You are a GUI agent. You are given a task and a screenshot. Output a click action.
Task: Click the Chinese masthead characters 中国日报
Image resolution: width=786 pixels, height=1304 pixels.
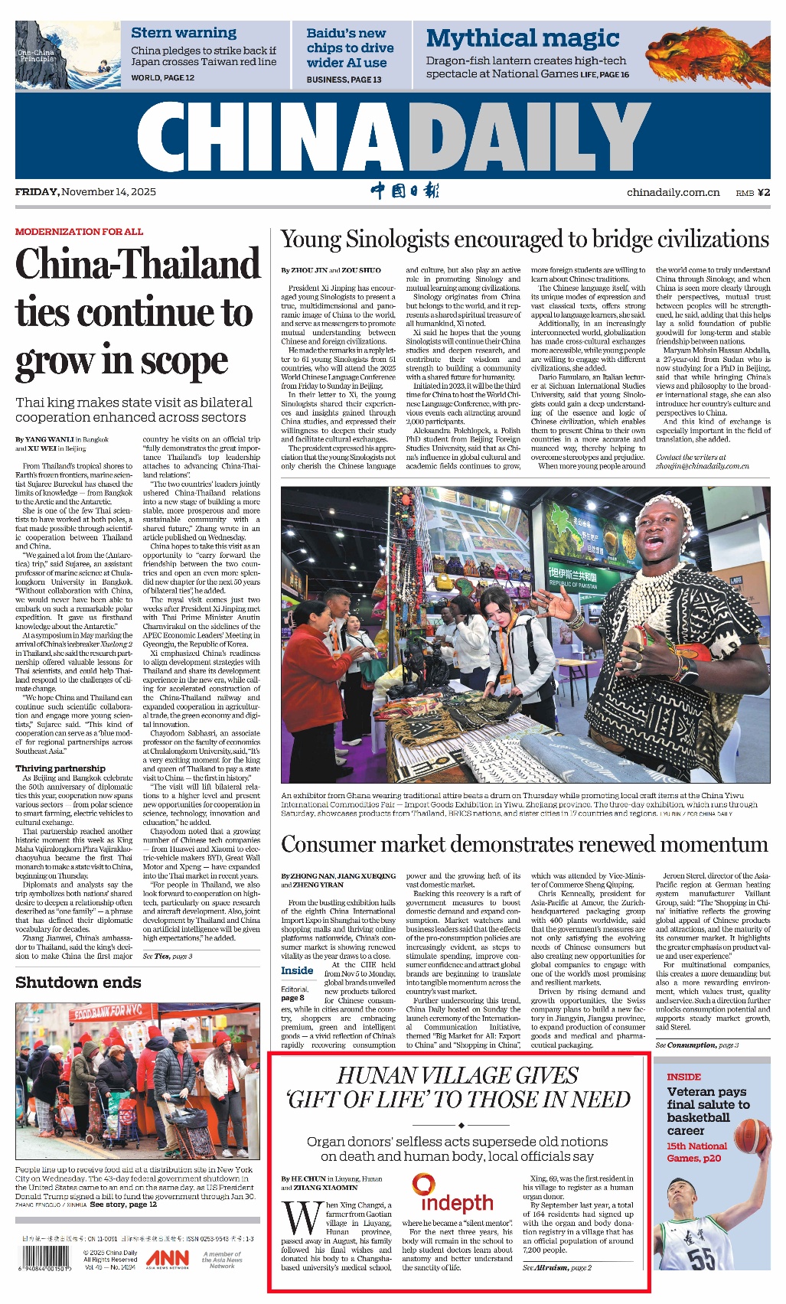click(x=405, y=191)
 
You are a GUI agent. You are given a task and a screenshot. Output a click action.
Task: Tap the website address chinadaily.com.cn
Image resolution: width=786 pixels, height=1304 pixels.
click(x=673, y=192)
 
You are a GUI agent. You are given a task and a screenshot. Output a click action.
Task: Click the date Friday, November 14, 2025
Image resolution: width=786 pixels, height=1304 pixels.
click(x=86, y=191)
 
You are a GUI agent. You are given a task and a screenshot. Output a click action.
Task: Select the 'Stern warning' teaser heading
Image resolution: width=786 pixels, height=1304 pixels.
click(x=184, y=33)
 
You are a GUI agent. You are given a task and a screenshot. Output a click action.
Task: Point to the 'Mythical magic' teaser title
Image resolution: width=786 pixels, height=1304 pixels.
click(x=523, y=37)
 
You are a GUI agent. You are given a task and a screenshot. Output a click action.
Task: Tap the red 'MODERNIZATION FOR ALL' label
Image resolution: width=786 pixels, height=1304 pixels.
click(x=79, y=231)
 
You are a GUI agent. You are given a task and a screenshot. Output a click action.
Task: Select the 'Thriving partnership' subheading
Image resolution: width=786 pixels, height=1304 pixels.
click(x=60, y=768)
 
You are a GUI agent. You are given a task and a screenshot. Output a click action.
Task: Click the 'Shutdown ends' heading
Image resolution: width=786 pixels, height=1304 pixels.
click(x=78, y=983)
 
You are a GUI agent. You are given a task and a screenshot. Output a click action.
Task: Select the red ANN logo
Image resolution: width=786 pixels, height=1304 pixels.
click(x=168, y=1257)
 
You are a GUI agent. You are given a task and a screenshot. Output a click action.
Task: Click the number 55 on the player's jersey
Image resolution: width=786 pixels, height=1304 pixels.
click(x=701, y=1258)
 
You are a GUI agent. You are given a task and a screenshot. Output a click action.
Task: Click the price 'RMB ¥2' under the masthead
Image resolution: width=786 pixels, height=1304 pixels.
click(x=752, y=192)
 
